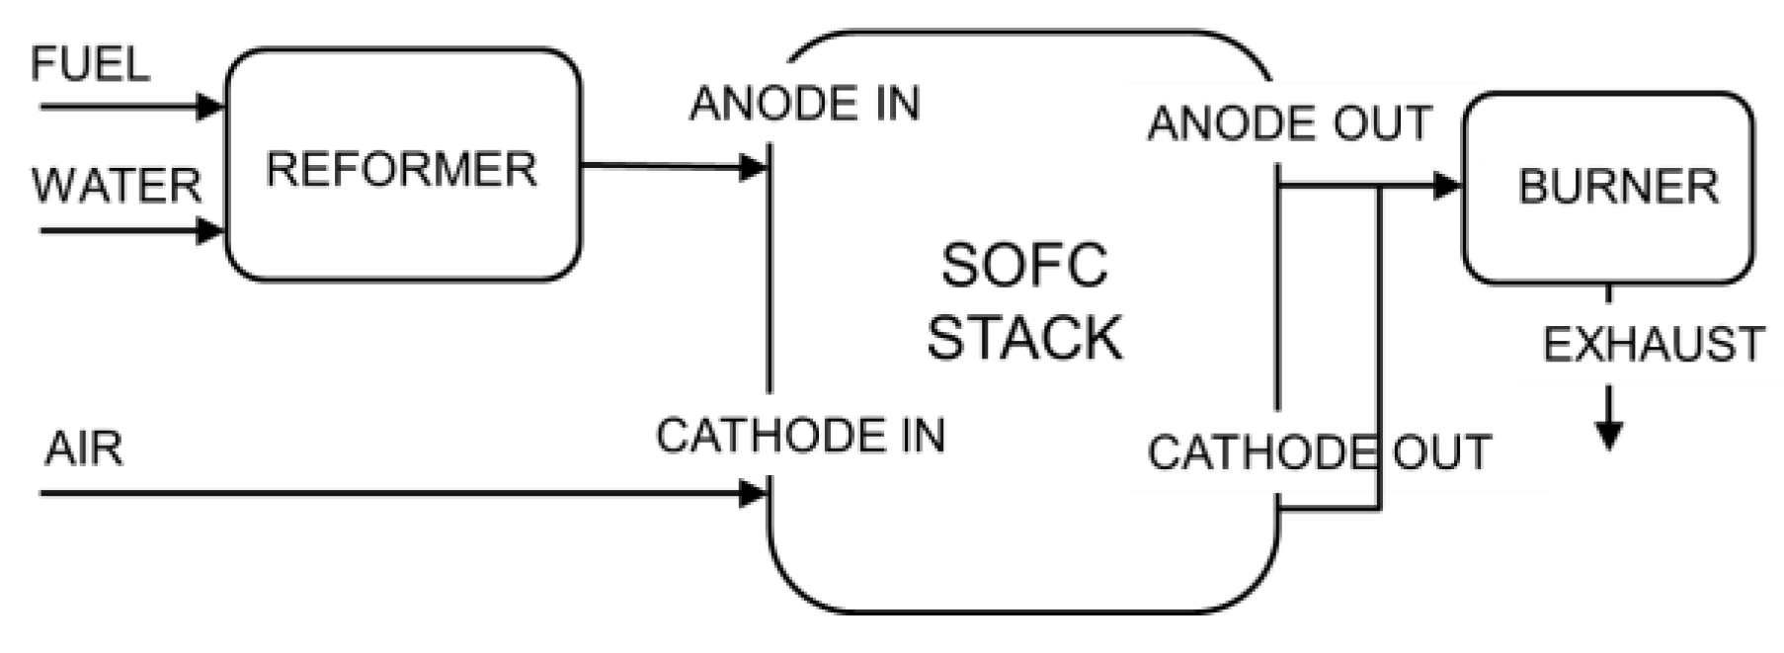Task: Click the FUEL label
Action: pos(90,65)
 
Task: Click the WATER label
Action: pos(117,186)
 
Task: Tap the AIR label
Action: pos(84,449)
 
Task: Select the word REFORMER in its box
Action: pos(401,169)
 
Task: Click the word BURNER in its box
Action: pos(1617,187)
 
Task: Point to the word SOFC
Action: pos(1024,266)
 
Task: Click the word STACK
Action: pos(1024,338)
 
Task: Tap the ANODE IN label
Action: pos(804,104)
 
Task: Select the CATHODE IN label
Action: pos(800,436)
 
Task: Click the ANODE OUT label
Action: pos(1289,124)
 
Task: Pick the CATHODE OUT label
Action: pos(1319,453)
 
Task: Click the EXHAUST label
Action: pos(1653,346)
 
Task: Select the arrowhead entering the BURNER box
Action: pos(1447,185)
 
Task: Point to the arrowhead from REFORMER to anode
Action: pos(754,167)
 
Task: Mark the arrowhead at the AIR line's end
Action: pos(754,492)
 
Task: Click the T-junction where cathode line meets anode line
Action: pos(1379,186)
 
